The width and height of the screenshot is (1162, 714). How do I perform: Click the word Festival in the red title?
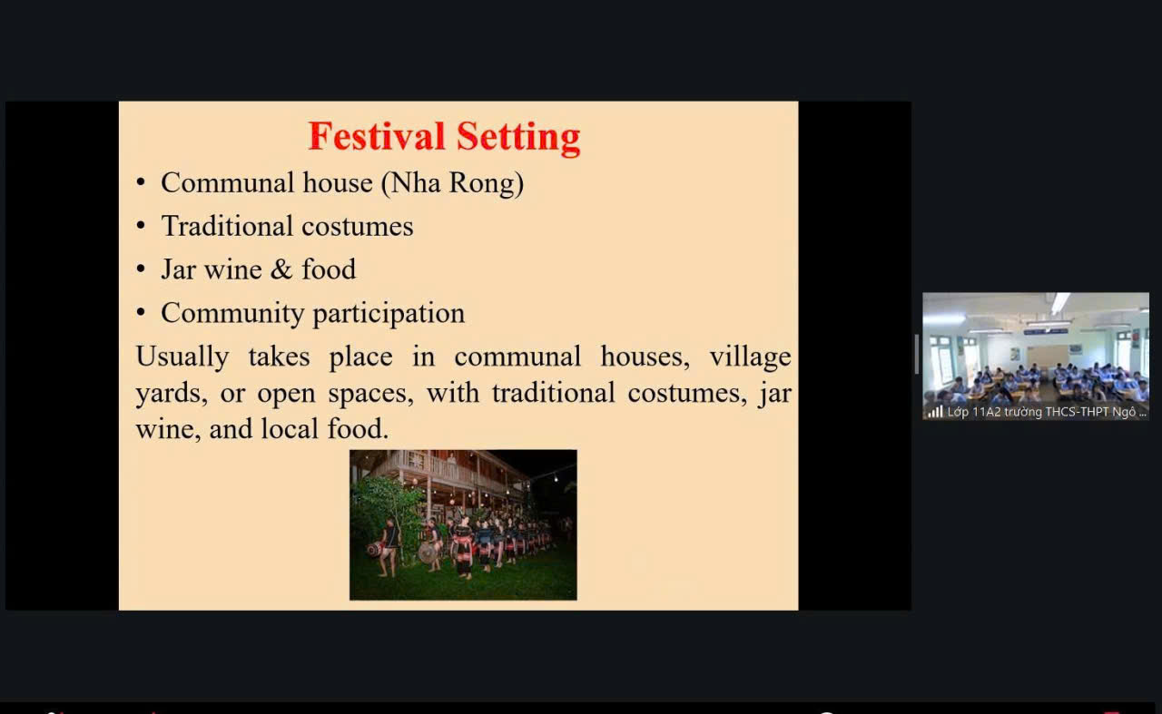377,136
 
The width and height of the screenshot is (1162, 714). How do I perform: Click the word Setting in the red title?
518,138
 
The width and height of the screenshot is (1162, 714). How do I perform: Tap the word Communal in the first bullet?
227,182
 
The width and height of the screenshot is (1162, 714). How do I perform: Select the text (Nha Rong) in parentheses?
452,183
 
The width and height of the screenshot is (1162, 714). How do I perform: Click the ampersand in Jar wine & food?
281,269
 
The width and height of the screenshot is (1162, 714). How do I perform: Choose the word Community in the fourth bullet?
232,314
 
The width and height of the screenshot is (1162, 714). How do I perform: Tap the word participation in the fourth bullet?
389,314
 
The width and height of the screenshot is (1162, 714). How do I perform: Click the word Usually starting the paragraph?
182,357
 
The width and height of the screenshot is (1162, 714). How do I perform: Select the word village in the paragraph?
750,357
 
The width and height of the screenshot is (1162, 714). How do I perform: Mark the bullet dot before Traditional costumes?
141,226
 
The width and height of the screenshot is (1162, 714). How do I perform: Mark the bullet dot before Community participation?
141,313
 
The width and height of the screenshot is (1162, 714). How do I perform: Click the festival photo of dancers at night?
463,524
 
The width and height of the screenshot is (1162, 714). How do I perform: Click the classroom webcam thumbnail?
1036,357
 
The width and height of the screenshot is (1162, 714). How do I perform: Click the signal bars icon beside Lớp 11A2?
935,412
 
